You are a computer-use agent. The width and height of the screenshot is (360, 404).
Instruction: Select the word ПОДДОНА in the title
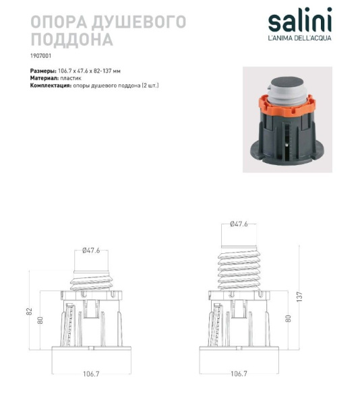click(72, 40)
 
